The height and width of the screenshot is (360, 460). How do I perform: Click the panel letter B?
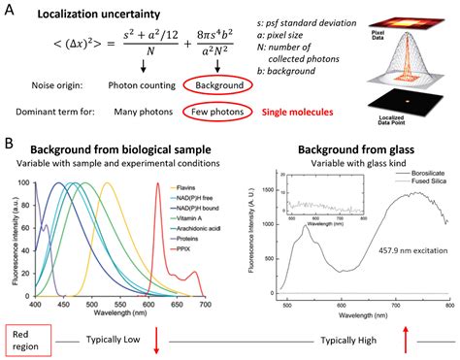pos(11,142)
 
